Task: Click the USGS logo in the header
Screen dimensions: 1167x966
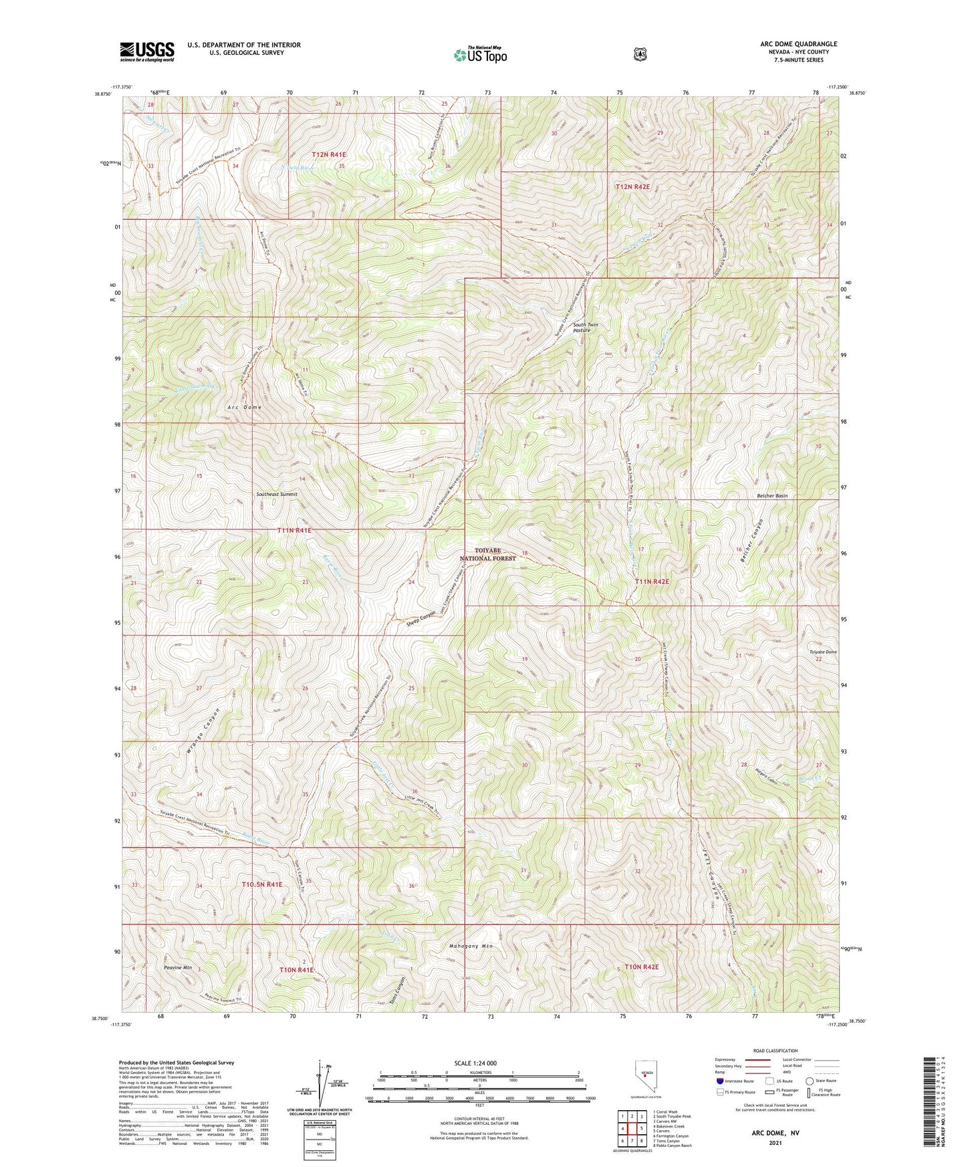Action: (147, 51)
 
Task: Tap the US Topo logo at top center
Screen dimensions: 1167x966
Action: (480, 54)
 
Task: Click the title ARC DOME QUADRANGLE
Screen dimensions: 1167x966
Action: (794, 44)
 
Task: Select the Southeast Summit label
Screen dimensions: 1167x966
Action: (277, 494)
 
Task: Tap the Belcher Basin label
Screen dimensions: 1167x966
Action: (772, 496)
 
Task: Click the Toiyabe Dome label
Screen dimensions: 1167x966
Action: (823, 652)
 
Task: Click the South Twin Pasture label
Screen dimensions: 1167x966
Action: (585, 328)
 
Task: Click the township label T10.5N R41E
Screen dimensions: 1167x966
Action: (261, 884)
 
